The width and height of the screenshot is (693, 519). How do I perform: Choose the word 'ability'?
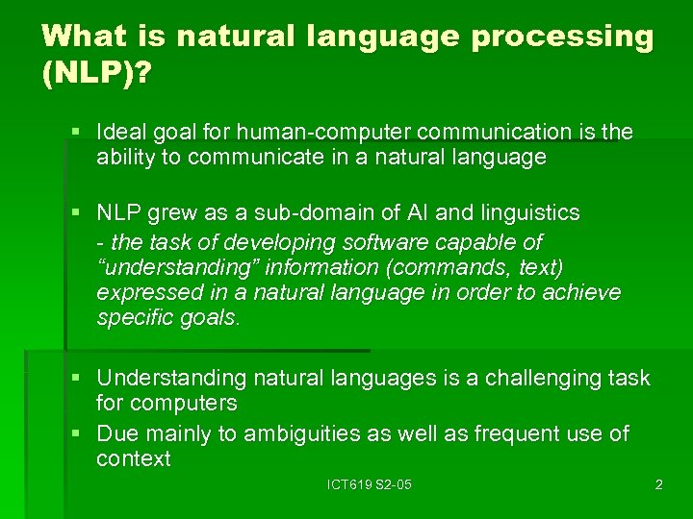point(126,158)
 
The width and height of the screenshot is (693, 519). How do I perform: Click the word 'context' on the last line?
point(133,459)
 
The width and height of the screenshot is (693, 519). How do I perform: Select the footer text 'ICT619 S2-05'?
point(370,485)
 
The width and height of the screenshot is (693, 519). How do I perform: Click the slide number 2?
point(658,485)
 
